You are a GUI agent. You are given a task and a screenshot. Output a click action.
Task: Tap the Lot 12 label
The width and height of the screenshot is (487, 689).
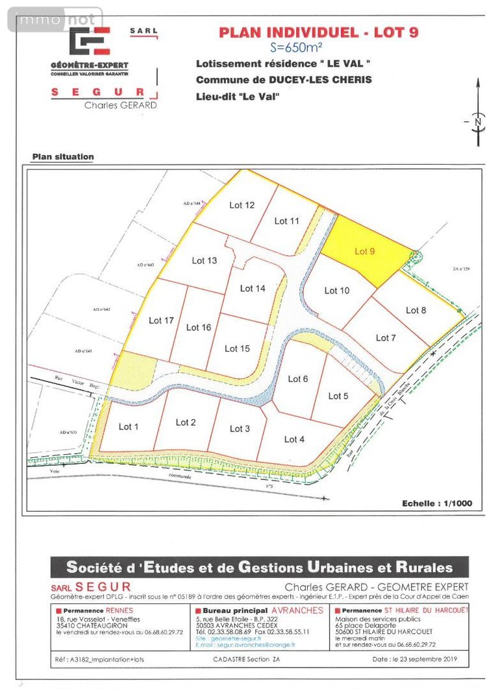pyautogui.click(x=242, y=205)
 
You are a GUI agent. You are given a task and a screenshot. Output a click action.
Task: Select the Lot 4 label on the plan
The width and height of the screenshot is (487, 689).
pyautogui.click(x=294, y=439)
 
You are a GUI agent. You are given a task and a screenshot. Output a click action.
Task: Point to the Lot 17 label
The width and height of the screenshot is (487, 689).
pyautogui.click(x=161, y=320)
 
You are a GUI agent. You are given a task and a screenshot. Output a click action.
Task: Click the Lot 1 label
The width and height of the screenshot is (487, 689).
pyautogui.click(x=129, y=426)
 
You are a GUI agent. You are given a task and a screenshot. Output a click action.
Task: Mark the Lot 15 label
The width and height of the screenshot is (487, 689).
pyautogui.click(x=237, y=348)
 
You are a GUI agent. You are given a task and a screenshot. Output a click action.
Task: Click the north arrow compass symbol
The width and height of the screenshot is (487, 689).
pyautogui.click(x=477, y=121)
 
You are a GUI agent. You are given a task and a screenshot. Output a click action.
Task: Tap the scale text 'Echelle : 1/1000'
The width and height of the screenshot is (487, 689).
pyautogui.click(x=437, y=503)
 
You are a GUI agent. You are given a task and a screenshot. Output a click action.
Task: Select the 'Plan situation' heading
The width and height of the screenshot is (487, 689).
pyautogui.click(x=63, y=156)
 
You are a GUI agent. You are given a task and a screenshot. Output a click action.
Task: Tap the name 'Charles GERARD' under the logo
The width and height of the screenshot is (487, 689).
pyautogui.click(x=120, y=105)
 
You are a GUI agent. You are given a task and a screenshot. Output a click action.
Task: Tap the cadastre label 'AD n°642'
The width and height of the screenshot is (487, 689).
pyautogui.click(x=103, y=309)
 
